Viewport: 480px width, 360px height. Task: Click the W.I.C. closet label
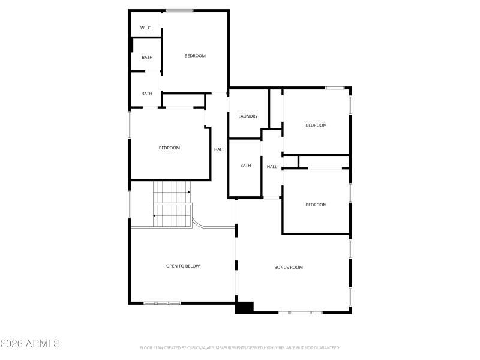point(146,28)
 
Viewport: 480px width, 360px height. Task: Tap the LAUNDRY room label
point(248,116)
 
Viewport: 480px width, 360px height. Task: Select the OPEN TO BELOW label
point(183,266)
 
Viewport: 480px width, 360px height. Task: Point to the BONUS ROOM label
point(289,267)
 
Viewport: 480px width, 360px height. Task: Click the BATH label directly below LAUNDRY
point(245,166)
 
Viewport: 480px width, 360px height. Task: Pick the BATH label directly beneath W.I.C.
point(147,58)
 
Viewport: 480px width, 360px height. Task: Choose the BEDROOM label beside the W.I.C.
point(195,56)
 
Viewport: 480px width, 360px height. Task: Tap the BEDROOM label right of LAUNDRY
point(316,125)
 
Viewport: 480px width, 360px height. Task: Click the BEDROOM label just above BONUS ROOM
point(316,205)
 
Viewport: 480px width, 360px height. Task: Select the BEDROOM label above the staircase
point(169,148)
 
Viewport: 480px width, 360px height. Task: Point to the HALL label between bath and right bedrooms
point(272,167)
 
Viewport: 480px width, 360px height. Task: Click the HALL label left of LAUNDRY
point(219,149)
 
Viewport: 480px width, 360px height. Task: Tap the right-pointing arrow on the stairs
point(188,192)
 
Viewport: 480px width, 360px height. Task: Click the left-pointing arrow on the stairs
point(155,215)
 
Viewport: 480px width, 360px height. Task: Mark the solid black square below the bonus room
point(244,307)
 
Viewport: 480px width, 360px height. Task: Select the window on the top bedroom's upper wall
point(179,10)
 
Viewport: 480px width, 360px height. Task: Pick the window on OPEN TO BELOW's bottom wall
point(162,303)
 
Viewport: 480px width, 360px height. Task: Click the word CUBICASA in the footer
point(201,347)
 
